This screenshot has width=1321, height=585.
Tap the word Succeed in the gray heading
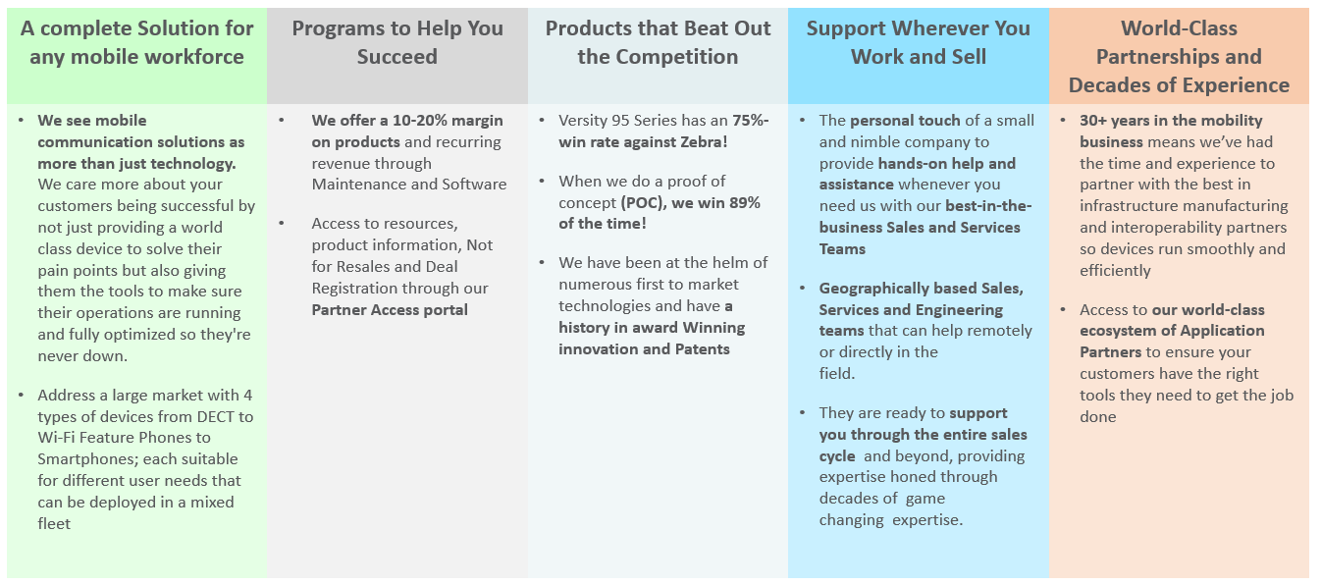396,57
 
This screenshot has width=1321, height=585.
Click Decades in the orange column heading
1109,85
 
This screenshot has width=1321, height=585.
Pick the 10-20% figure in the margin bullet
420,121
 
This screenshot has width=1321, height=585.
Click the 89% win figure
745,202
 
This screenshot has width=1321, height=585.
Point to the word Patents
703,349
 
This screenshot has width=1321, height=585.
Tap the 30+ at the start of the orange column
1092,121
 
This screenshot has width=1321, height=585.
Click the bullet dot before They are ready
803,413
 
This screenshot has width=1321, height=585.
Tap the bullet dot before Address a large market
22,396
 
